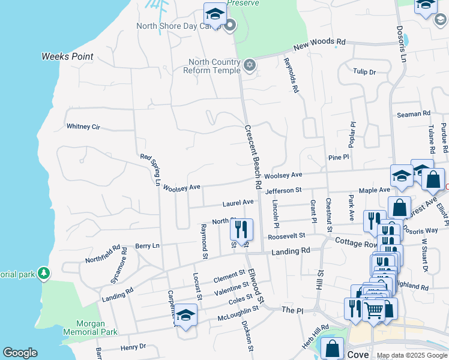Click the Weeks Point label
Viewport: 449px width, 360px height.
point(67,56)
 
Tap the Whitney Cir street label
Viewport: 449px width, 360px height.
point(83,127)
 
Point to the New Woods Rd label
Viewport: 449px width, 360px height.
point(320,45)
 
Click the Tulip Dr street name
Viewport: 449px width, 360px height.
point(364,72)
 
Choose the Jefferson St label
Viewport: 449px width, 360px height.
point(283,190)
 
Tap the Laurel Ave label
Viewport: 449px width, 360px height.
point(238,203)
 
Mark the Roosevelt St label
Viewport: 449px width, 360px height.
point(287,236)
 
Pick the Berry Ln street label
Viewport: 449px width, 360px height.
point(146,246)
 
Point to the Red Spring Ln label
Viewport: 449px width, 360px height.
point(151,169)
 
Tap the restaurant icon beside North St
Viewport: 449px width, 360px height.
point(241,229)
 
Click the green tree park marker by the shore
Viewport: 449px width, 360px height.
point(43,274)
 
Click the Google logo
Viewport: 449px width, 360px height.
point(20,353)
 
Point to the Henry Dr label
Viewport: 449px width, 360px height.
point(133,347)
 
